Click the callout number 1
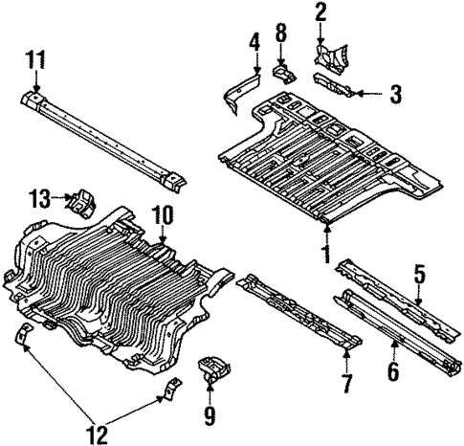tap(326, 255)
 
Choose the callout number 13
tap(39, 199)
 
